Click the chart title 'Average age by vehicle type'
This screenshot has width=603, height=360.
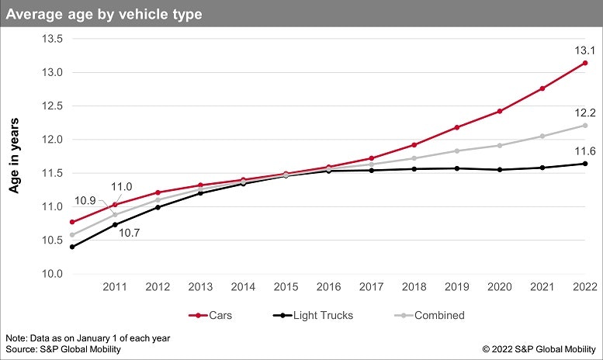(105, 13)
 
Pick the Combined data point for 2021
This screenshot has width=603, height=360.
(542, 136)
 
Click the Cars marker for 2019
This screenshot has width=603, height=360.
(457, 127)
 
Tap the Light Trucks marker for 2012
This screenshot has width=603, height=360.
(158, 207)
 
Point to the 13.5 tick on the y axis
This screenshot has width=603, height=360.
(40, 39)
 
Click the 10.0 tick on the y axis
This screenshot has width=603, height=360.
(40, 274)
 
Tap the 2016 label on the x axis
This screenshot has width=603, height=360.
(329, 288)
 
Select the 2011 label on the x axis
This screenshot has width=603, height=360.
(116, 288)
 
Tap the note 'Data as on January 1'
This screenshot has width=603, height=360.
(88, 338)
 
